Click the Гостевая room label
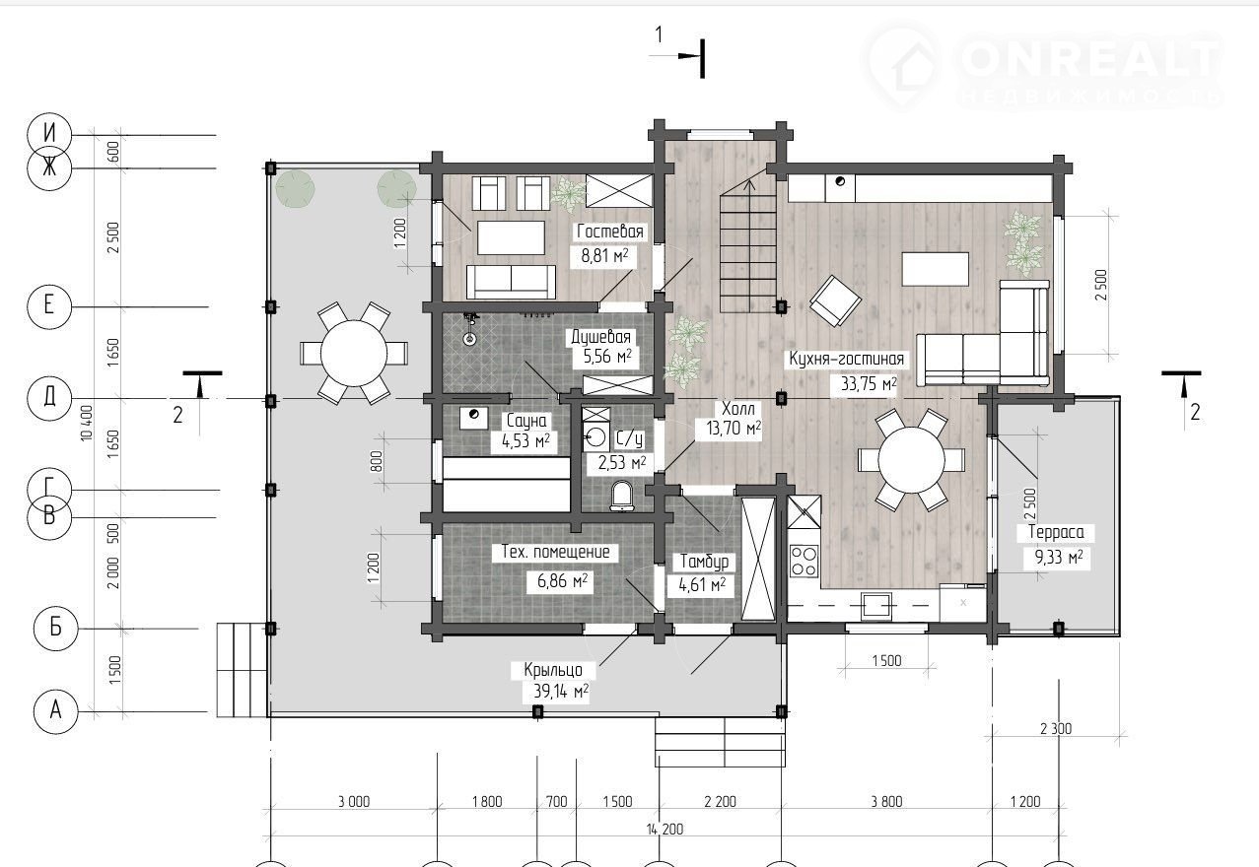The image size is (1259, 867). [x=610, y=232]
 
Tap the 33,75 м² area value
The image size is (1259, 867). [x=869, y=383]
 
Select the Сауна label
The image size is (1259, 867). [x=526, y=421]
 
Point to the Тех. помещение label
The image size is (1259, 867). [x=555, y=552]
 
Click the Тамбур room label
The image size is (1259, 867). [x=704, y=562]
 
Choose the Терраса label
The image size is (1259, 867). [x=1056, y=532]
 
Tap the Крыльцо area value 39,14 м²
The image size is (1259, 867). [x=560, y=691]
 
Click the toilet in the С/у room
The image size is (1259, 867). [x=621, y=497]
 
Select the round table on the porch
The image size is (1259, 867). [x=354, y=354]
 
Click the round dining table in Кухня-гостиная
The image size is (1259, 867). [x=911, y=460]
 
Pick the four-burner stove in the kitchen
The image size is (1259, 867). [x=804, y=562]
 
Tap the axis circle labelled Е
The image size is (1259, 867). [x=49, y=306]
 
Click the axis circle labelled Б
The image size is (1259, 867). [x=55, y=628]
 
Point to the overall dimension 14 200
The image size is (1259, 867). [x=664, y=830]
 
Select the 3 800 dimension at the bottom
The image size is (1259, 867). [x=886, y=802]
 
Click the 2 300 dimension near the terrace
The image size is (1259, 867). [x=1056, y=729]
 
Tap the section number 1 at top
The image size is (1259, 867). [x=659, y=35]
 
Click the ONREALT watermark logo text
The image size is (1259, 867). [x=1087, y=59]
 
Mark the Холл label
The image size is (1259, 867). [x=738, y=408]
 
